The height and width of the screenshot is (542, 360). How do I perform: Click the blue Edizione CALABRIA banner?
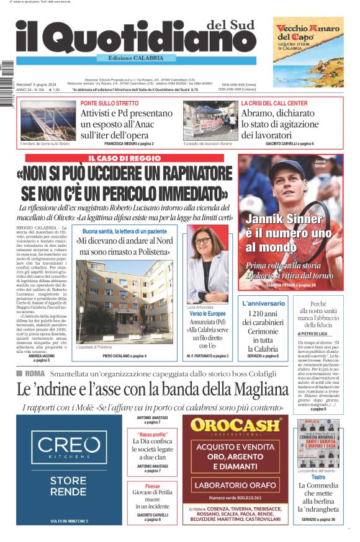click(137, 58)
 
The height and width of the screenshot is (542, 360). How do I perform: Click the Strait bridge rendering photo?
click(46, 120)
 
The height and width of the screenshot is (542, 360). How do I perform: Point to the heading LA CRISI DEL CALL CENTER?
click(274, 103)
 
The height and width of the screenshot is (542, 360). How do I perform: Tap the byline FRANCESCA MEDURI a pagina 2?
click(130, 144)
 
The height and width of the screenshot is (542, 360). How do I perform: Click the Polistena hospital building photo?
click(125, 301)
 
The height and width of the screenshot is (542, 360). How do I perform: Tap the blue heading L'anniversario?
click(263, 304)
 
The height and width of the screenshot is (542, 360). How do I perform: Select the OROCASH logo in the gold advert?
click(239, 426)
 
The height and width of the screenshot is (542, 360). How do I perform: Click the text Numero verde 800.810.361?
click(235, 497)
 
